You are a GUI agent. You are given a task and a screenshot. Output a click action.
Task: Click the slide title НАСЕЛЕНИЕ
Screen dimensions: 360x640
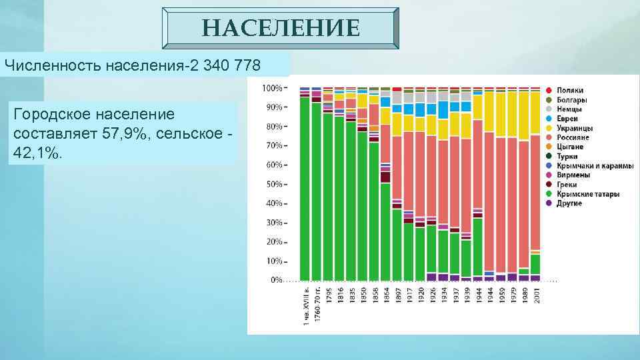pos(281,29)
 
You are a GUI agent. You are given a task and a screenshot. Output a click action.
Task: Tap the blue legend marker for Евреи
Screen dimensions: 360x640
pos(548,118)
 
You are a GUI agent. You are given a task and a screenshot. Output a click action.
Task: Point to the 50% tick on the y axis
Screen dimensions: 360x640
pos(273,184)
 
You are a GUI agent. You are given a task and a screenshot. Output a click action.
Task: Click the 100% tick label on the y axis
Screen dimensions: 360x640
pos(271,87)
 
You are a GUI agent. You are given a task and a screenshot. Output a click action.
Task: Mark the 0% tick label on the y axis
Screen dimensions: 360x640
pos(275,280)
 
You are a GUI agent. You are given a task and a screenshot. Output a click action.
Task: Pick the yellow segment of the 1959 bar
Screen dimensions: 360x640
pos(501,114)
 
